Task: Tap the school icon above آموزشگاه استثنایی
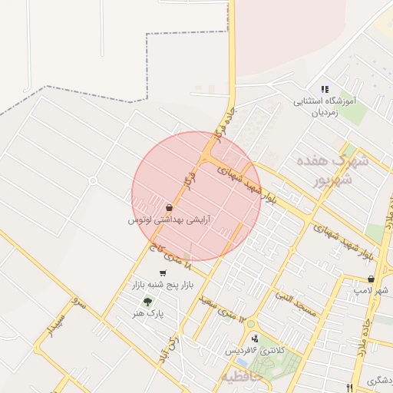(324, 90)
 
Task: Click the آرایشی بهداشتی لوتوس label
(170, 220)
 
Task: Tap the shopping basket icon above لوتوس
(169, 207)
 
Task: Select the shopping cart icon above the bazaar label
(162, 272)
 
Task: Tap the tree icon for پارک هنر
(147, 302)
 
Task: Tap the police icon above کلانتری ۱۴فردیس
(254, 339)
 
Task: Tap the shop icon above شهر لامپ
(372, 279)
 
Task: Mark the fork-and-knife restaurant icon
(350, 388)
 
